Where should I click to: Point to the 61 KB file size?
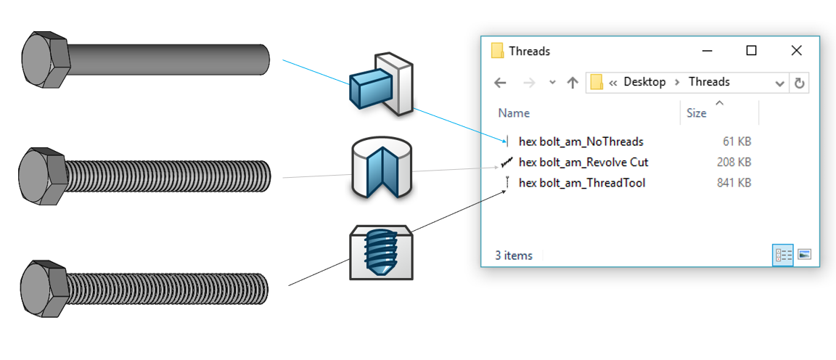(737, 142)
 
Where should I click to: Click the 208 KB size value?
(734, 162)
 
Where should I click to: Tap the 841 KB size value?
(734, 183)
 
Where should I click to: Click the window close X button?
(797, 51)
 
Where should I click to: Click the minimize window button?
(707, 52)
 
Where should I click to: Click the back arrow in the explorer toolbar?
(500, 83)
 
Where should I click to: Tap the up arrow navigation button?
(573, 83)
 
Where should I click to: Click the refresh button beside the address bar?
(799, 83)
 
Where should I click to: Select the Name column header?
(514, 113)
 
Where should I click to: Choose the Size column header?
(697, 113)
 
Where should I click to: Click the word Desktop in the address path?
(644, 82)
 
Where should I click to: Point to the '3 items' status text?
(514, 255)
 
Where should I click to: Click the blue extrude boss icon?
(381, 83)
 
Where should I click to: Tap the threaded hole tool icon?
(381, 253)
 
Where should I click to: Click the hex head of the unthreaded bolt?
(45, 60)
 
